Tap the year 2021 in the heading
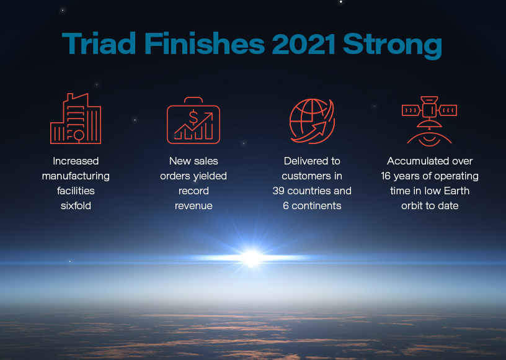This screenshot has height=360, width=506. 298,45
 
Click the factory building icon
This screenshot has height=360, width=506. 76,119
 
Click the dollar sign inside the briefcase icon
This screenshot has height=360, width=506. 193,116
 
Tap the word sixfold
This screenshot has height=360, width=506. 76,205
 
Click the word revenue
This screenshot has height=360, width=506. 193,205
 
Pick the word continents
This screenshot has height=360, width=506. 321,205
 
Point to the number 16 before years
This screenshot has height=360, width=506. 387,176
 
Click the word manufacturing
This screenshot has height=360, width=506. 76,176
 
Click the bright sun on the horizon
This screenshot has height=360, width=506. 252,257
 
